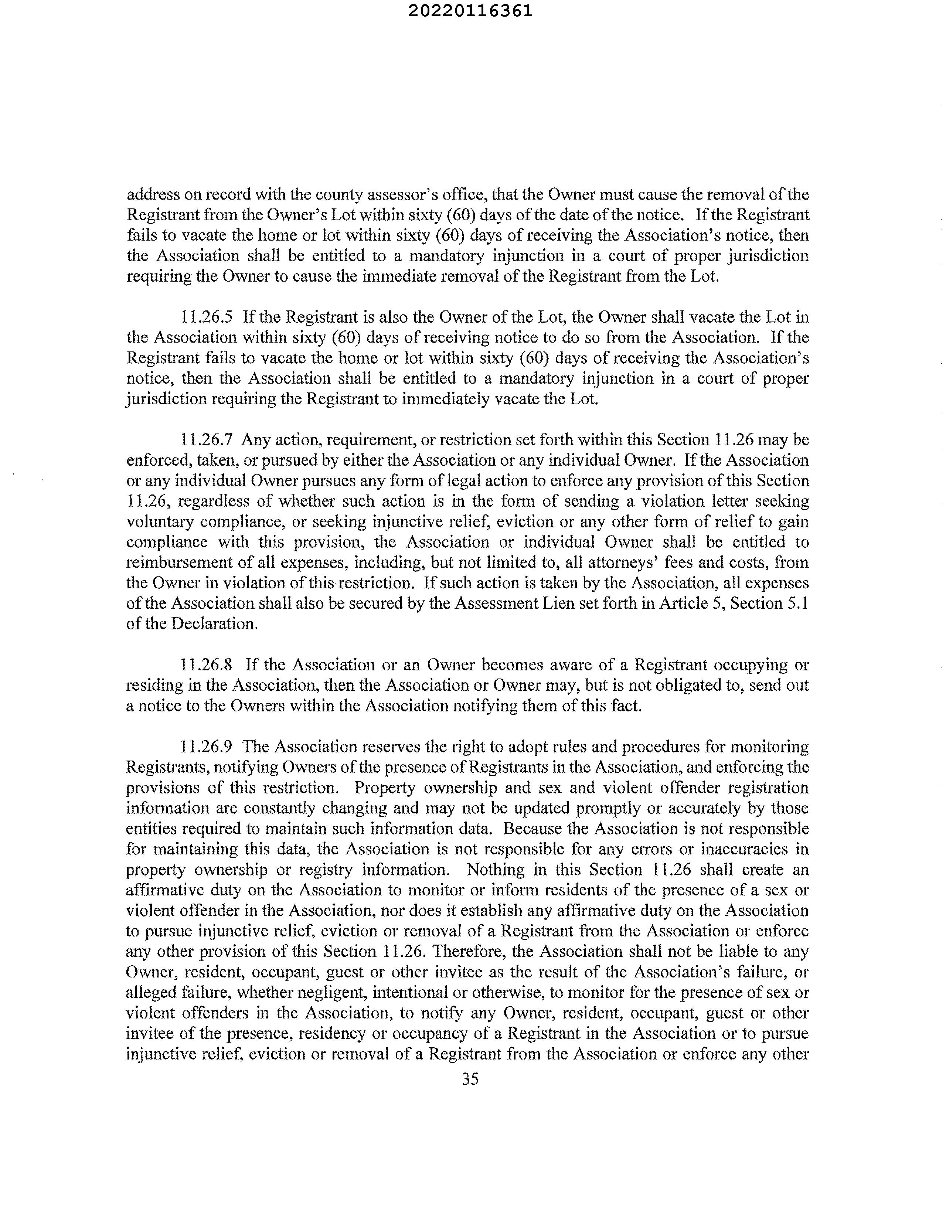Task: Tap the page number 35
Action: (x=470, y=1078)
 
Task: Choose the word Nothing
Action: (x=496, y=870)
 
